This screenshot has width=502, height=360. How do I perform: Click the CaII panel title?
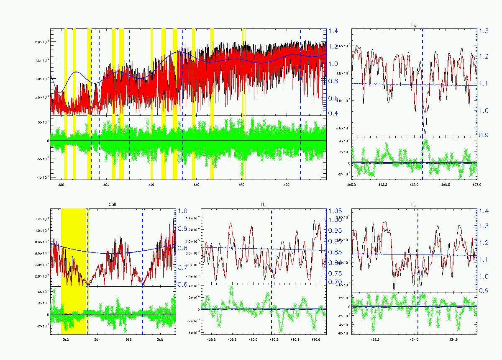[x=113, y=205]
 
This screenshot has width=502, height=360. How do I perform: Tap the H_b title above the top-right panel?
[x=414, y=25]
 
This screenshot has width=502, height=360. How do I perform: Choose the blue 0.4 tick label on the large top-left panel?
[x=333, y=113]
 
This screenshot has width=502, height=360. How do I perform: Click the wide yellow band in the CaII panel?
[x=74, y=247]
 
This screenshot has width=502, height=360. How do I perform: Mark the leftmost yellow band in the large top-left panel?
[x=65, y=71]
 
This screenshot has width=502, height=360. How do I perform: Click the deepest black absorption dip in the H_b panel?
[x=425, y=133]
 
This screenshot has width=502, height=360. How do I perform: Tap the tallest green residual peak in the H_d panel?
[x=231, y=288]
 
